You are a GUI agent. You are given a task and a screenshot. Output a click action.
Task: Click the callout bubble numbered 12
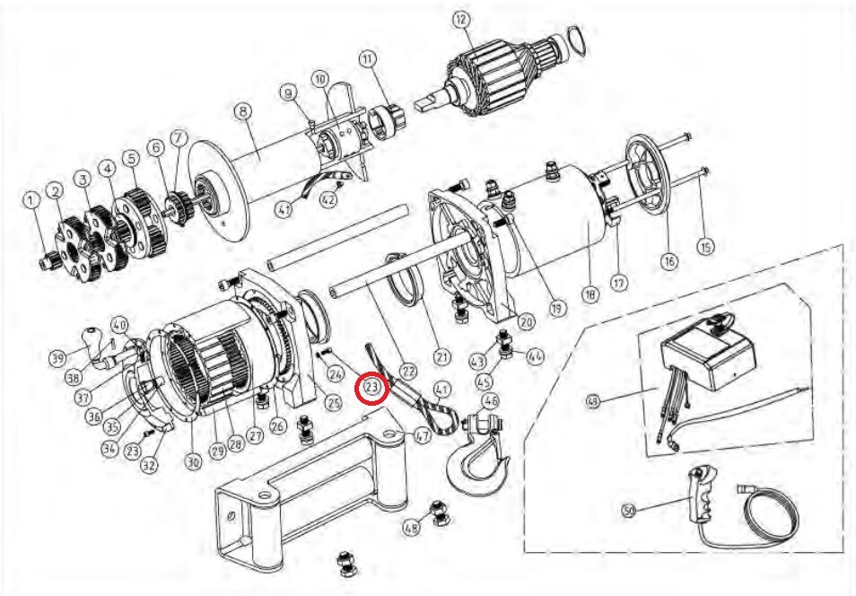pyautogui.click(x=460, y=19)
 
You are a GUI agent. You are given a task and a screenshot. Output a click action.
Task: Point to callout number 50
pyautogui.click(x=630, y=511)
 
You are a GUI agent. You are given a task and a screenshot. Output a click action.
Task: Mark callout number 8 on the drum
pyautogui.click(x=241, y=111)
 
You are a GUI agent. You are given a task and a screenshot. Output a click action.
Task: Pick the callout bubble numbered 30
pyautogui.click(x=192, y=462)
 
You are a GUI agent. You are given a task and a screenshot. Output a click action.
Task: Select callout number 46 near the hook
pyautogui.click(x=490, y=399)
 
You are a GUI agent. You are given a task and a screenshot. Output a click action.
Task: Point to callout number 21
pyautogui.click(x=441, y=356)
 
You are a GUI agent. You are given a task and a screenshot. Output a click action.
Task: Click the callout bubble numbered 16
pyautogui.click(x=668, y=261)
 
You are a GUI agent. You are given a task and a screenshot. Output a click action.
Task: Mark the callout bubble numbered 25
pyautogui.click(x=333, y=404)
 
